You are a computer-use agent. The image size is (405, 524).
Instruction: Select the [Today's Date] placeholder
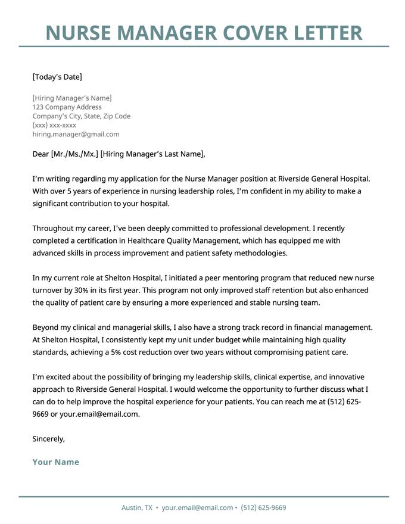coord(57,77)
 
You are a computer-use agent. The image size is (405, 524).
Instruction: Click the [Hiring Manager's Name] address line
coord(72,98)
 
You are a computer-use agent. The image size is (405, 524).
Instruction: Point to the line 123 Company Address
coord(67,107)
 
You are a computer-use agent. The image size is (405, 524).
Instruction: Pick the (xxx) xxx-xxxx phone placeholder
coord(54,125)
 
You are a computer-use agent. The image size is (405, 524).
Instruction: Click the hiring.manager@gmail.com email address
coord(76,134)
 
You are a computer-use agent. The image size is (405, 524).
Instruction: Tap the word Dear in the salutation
coord(41,154)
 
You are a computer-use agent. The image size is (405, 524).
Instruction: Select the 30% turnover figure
coord(80,290)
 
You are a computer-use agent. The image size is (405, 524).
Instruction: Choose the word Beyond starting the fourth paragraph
coord(46,327)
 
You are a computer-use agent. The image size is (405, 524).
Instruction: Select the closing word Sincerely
coord(48,439)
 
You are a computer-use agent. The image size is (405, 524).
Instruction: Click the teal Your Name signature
coord(55,462)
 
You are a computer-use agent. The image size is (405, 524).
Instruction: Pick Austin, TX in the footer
coord(136,508)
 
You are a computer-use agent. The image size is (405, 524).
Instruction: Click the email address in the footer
coord(197,508)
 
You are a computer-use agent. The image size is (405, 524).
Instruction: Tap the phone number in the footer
coord(263,508)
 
